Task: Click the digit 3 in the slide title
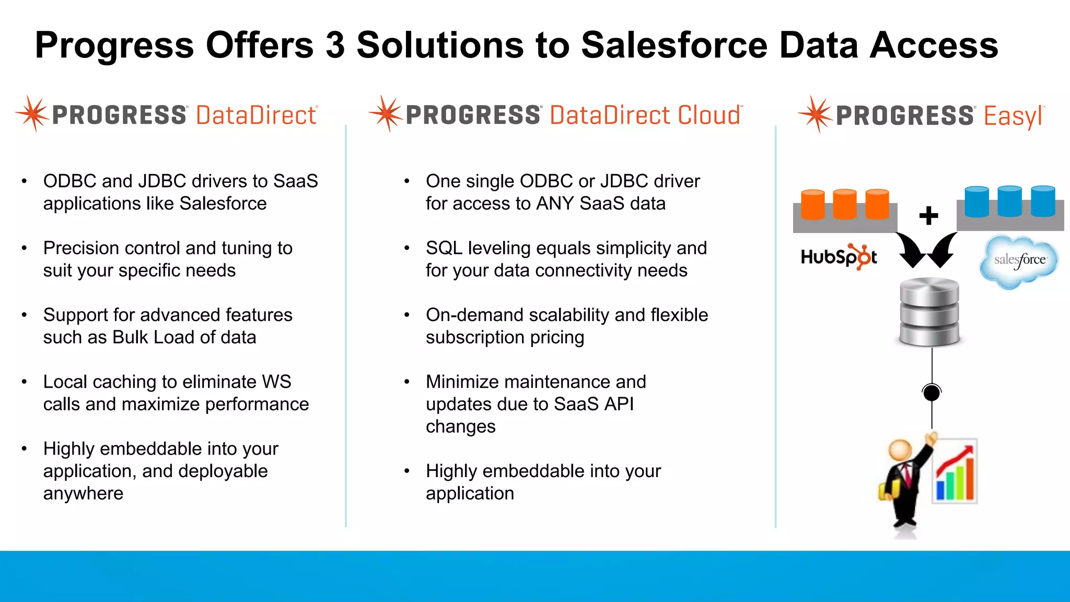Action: [335, 45]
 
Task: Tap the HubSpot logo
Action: [839, 257]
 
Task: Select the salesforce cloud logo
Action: [1019, 261]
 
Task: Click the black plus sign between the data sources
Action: [928, 215]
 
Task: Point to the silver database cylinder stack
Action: [929, 312]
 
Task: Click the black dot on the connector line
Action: [932, 392]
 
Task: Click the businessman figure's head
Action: [900, 449]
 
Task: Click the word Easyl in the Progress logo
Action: [1013, 116]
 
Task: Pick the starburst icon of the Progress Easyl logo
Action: [815, 114]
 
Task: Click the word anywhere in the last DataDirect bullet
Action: [83, 493]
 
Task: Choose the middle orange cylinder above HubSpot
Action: [844, 203]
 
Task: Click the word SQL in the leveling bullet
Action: [444, 248]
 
